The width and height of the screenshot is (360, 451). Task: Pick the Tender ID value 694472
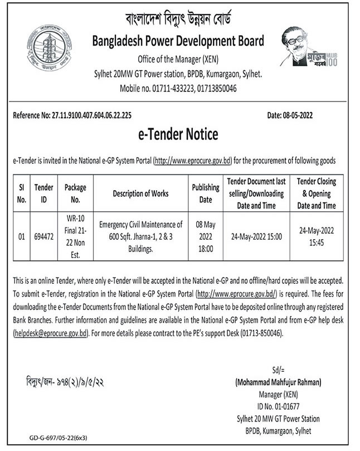pyautogui.click(x=44, y=236)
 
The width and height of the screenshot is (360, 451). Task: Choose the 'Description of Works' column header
pyautogui.click(x=140, y=193)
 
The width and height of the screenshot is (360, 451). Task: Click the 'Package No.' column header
pyautogui.click(x=75, y=193)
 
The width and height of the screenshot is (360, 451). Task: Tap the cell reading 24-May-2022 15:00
pyautogui.click(x=256, y=236)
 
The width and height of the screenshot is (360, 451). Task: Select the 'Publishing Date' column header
pyautogui.click(x=206, y=193)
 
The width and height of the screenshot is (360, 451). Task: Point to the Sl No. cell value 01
pyautogui.click(x=22, y=236)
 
